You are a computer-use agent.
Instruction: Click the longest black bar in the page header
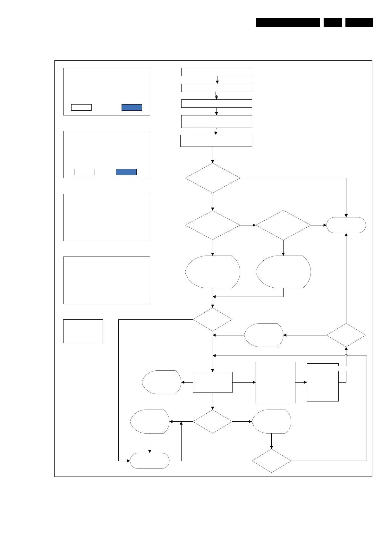288,22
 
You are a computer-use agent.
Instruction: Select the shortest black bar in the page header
333,22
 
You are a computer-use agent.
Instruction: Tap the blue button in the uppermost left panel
132,107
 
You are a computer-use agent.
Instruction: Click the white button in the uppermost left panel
81,107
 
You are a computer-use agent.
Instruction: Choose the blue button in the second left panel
126,172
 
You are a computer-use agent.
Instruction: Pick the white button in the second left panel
84,172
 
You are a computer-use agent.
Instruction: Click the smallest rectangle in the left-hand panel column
83,331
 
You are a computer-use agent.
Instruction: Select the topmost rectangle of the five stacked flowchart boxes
216,72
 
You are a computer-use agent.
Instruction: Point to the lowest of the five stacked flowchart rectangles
216,141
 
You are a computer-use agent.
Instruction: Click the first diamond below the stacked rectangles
212,178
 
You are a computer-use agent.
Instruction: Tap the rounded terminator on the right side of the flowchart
346,225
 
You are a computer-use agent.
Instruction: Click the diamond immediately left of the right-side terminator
283,225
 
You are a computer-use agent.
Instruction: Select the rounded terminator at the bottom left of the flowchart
149,461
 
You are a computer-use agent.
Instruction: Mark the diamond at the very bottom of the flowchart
271,461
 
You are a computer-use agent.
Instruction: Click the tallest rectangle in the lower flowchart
275,382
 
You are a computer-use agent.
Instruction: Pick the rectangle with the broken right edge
323,382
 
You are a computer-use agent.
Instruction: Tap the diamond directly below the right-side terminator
346,335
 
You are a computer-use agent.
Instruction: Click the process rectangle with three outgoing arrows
212,382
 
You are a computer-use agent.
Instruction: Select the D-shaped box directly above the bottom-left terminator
149,421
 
